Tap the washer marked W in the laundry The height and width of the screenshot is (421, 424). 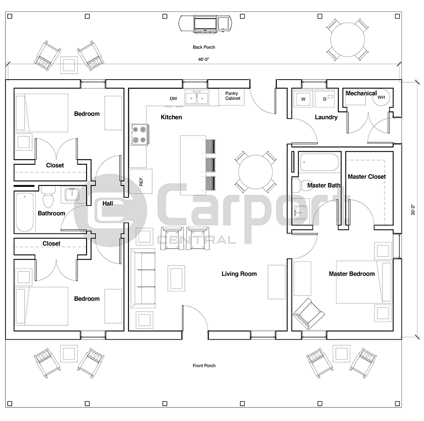(303, 99)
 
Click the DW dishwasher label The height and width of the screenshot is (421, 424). (173, 99)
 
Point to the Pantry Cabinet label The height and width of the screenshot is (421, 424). (232, 96)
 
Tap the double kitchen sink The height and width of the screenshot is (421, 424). (197, 98)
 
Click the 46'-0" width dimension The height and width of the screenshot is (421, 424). (204, 60)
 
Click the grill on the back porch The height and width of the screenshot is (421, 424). (206, 24)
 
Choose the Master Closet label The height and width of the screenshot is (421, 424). (367, 177)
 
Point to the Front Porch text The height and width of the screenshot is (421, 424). (204, 366)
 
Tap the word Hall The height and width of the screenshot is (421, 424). (108, 204)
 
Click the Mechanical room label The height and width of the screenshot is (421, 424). (361, 93)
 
